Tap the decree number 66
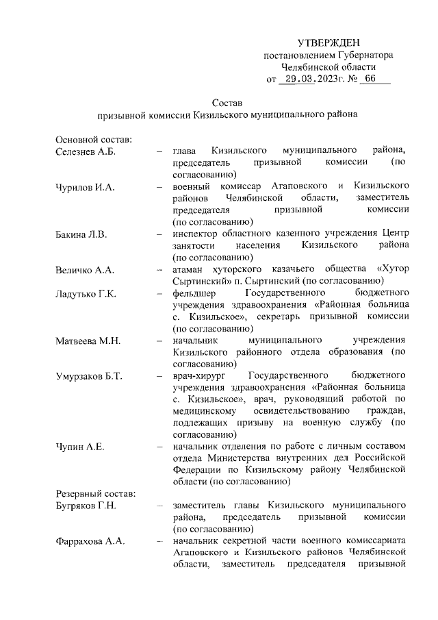point(370,79)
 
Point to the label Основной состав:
point(93,139)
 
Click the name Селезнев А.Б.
point(86,151)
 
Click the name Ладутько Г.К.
point(86,293)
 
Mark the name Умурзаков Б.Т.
point(90,376)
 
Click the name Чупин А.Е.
point(79,447)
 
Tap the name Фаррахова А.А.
point(89,542)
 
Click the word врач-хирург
point(200,376)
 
